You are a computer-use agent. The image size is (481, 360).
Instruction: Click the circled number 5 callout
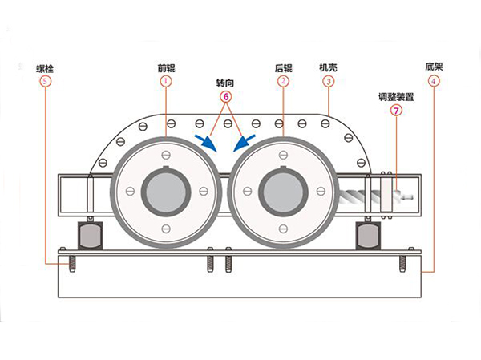[x=45, y=81]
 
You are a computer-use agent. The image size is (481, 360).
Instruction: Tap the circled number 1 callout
[x=166, y=81]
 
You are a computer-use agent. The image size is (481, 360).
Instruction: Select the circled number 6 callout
[x=226, y=97]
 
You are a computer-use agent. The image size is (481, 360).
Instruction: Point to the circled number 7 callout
[x=396, y=111]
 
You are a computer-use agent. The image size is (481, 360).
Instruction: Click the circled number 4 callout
[x=434, y=81]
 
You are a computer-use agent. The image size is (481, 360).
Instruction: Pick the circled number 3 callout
[x=329, y=81]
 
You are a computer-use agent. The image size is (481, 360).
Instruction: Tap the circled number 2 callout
[x=283, y=81]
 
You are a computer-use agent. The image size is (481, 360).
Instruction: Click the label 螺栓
[x=45, y=68]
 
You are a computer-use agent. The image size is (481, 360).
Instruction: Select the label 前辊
[x=166, y=68]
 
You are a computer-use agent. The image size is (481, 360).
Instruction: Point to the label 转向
[x=225, y=83]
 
